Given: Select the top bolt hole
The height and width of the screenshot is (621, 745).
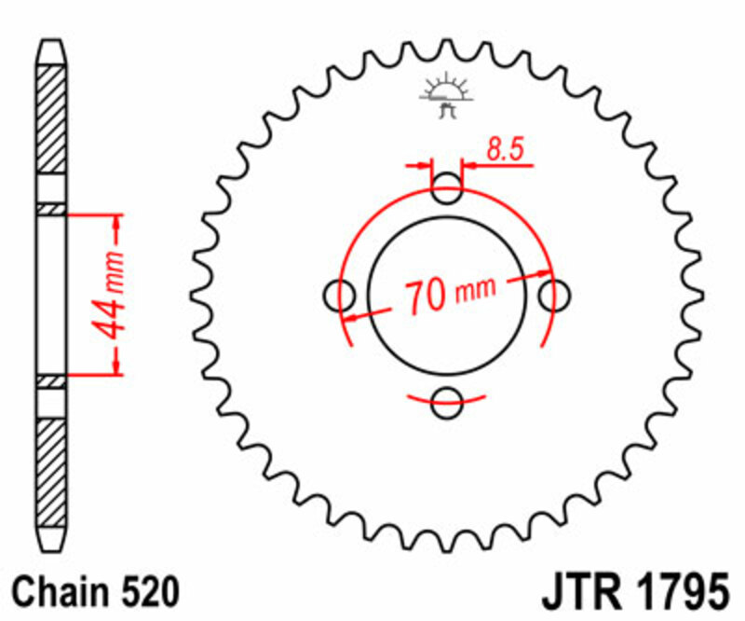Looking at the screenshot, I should (x=448, y=189).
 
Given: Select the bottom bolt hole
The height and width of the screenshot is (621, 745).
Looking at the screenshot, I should (x=448, y=404).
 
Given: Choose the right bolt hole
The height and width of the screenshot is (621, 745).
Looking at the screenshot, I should (x=555, y=297).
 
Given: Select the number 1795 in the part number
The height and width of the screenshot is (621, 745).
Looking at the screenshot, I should (x=678, y=591).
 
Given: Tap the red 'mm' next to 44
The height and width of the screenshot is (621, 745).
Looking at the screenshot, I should (x=112, y=269).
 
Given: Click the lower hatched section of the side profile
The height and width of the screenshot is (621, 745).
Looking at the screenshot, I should (x=51, y=476).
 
